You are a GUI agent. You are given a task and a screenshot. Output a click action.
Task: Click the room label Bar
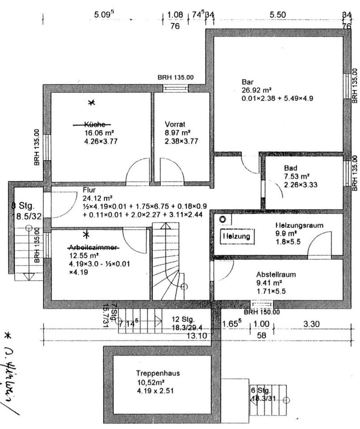[247, 82]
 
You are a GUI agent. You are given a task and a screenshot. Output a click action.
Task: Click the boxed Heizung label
[237, 235]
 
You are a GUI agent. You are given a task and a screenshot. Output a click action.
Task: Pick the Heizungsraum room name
[299, 226]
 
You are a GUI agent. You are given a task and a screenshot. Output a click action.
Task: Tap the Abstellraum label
[276, 274]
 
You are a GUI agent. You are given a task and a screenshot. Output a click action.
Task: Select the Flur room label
[89, 189]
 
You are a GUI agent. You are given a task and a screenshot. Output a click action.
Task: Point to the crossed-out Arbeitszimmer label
[93, 247]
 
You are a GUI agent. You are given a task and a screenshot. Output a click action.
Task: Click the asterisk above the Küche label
[91, 103]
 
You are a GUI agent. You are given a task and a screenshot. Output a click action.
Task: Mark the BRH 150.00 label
[262, 312]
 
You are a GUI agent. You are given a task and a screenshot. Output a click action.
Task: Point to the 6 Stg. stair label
[261, 390]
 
